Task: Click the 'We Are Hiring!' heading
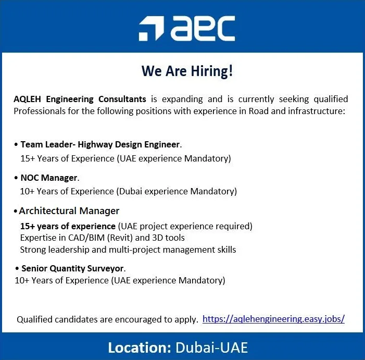[187, 71]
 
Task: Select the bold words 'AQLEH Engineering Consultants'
[80, 99]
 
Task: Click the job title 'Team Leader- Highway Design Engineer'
[100, 144]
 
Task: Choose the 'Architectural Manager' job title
[69, 211]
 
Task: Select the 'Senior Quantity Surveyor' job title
[73, 268]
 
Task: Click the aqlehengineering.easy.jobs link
[273, 319]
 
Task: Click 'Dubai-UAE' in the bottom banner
[211, 347]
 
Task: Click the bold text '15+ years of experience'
[68, 226]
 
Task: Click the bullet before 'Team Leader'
[16, 144]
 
